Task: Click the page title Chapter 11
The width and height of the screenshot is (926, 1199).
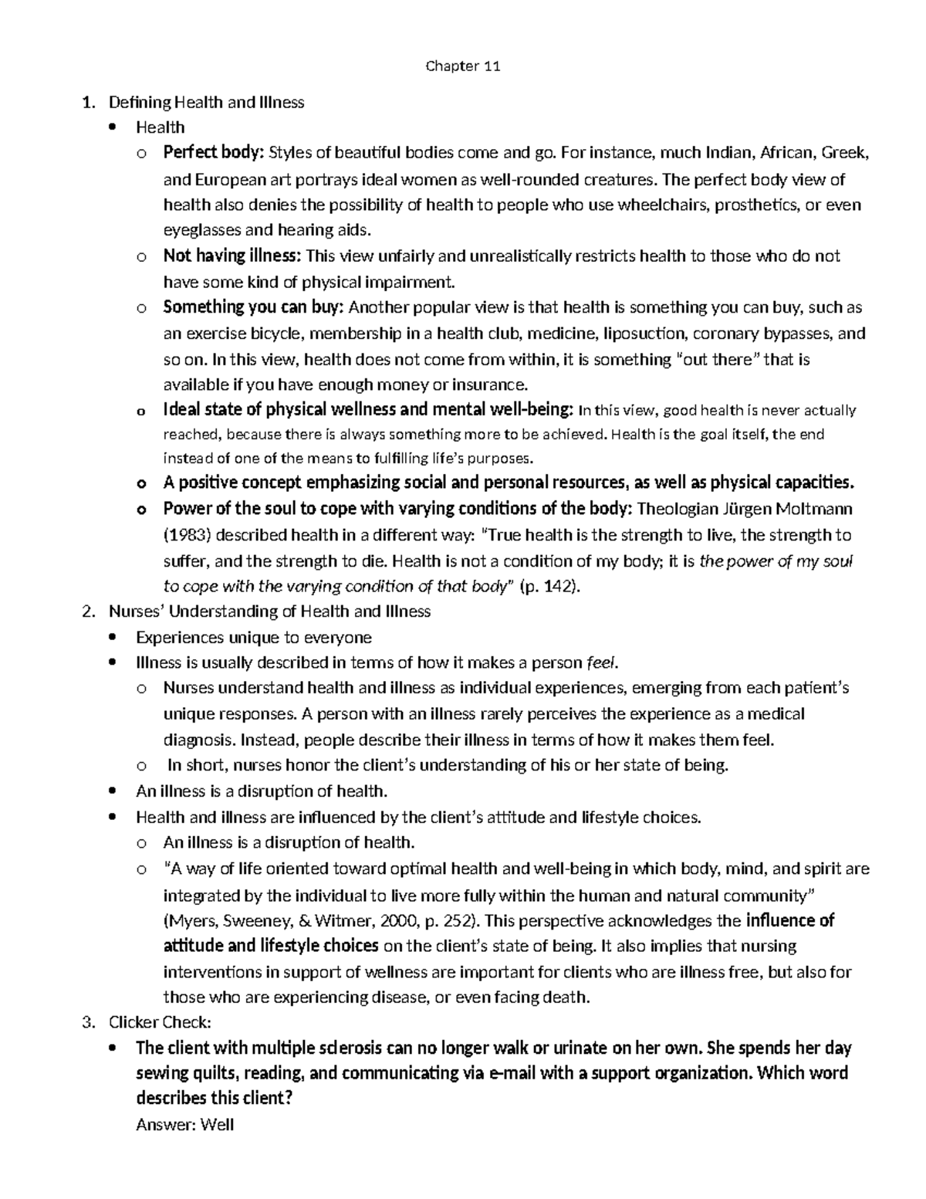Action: [x=463, y=66]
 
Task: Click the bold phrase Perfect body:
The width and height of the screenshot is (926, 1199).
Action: [x=214, y=153]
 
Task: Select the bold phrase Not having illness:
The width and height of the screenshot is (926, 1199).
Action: [x=233, y=256]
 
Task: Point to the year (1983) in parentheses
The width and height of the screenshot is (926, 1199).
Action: [x=185, y=535]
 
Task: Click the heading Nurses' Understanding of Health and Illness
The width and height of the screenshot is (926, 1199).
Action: [x=269, y=611]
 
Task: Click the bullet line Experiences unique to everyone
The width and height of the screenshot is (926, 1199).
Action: [x=253, y=637]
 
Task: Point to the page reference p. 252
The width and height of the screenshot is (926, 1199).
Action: [x=451, y=920]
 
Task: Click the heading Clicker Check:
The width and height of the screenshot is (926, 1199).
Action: [x=160, y=1022]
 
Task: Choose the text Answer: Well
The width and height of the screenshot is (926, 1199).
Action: [x=184, y=1125]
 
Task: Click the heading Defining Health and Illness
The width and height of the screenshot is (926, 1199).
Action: [x=206, y=102]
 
